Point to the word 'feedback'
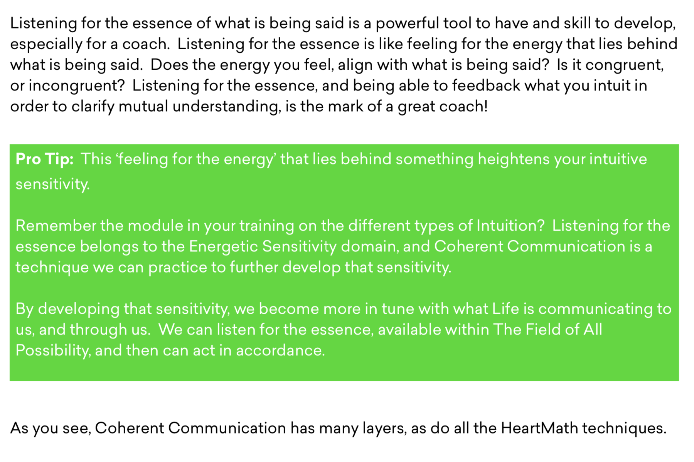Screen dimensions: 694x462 tap(486, 85)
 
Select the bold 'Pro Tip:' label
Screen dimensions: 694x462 tap(44, 159)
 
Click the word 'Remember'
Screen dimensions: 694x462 tap(56, 226)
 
